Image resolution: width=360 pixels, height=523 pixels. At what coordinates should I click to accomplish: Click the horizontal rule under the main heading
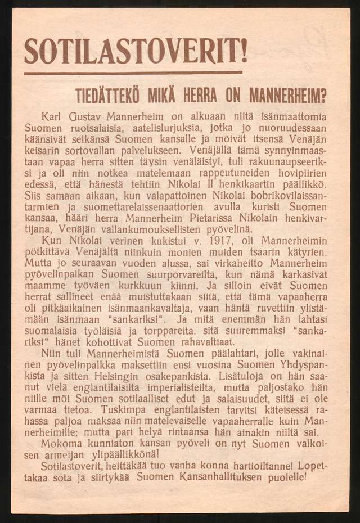[134, 73]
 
